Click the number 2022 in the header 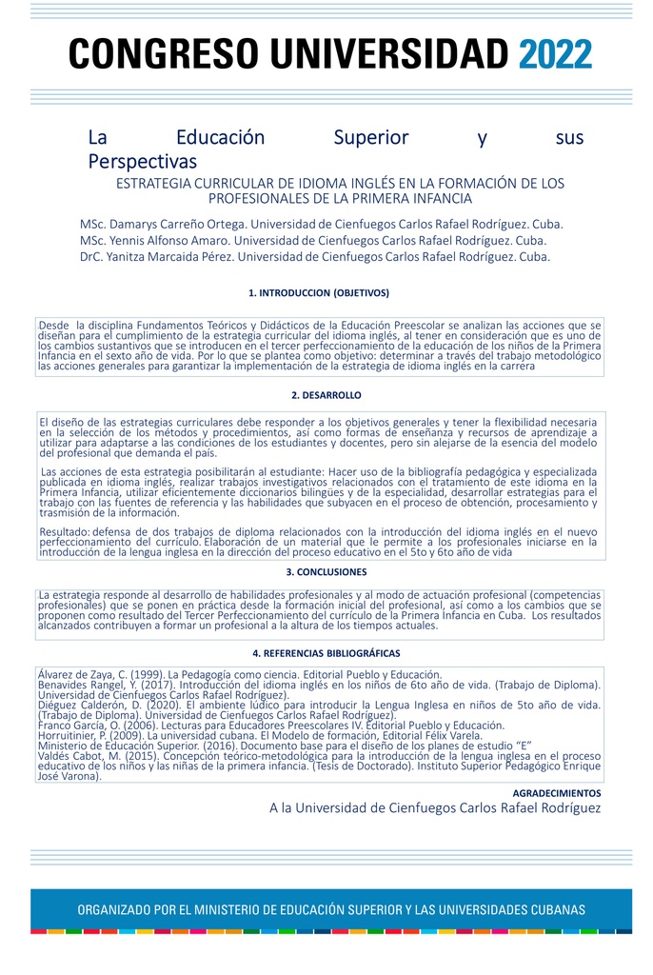[555, 55]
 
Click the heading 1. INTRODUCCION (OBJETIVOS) [318, 293]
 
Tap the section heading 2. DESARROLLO [326, 395]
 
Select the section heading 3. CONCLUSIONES [326, 572]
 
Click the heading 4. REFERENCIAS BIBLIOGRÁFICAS [326, 653]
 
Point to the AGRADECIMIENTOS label [557, 792]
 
